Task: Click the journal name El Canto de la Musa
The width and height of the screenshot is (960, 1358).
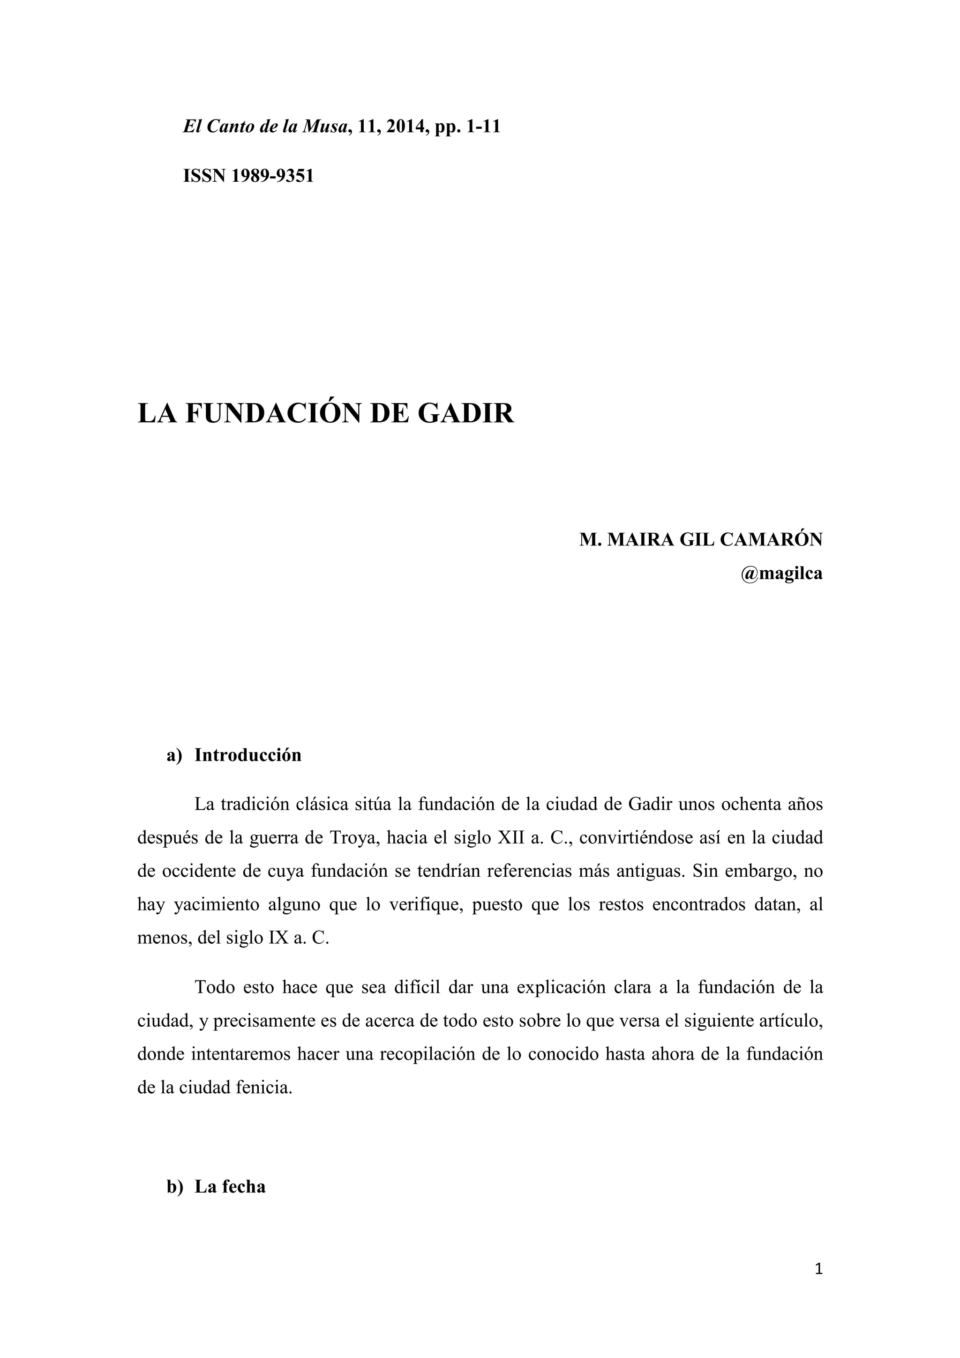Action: tap(264, 127)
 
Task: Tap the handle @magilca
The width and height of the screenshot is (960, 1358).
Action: tap(781, 573)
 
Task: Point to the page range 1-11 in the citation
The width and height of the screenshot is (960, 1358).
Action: tap(483, 127)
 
